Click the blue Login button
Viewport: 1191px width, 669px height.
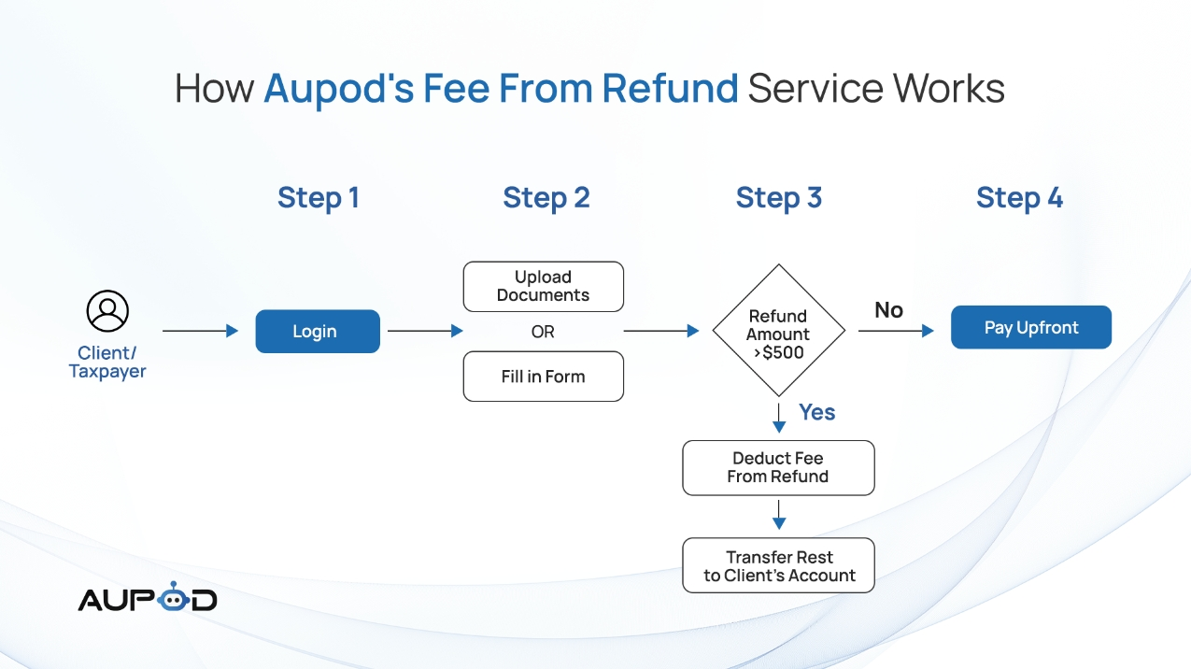pyautogui.click(x=318, y=332)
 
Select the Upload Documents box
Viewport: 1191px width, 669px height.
pyautogui.click(x=543, y=286)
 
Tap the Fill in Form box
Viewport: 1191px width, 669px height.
pyautogui.click(x=543, y=376)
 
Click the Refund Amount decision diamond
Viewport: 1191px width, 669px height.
pyautogui.click(x=778, y=330)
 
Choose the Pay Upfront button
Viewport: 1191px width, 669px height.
pyautogui.click(x=1031, y=327)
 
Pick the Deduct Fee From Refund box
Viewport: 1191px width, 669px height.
pyautogui.click(x=778, y=467)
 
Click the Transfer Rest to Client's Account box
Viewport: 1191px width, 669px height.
pyautogui.click(x=778, y=565)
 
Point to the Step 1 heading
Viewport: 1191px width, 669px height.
pyautogui.click(x=318, y=198)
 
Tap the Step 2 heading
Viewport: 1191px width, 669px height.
pyautogui.click(x=546, y=198)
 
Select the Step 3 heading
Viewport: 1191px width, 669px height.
pyautogui.click(x=778, y=198)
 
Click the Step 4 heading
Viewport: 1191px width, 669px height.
pyautogui.click(x=1019, y=198)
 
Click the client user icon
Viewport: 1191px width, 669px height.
pyautogui.click(x=107, y=311)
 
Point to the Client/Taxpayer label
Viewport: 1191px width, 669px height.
pyautogui.click(x=107, y=363)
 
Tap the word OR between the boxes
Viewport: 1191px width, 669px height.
pyautogui.click(x=543, y=332)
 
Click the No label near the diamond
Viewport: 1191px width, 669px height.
pyautogui.click(x=888, y=310)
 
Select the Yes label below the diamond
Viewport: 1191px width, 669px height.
pyautogui.click(x=816, y=412)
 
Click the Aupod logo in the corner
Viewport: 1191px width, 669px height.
pyautogui.click(x=148, y=597)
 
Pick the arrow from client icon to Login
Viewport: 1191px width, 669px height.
pyautogui.click(x=200, y=331)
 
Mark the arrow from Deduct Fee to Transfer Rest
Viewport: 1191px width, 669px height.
pyautogui.click(x=779, y=515)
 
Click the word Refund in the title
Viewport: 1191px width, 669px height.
pyautogui.click(x=670, y=88)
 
